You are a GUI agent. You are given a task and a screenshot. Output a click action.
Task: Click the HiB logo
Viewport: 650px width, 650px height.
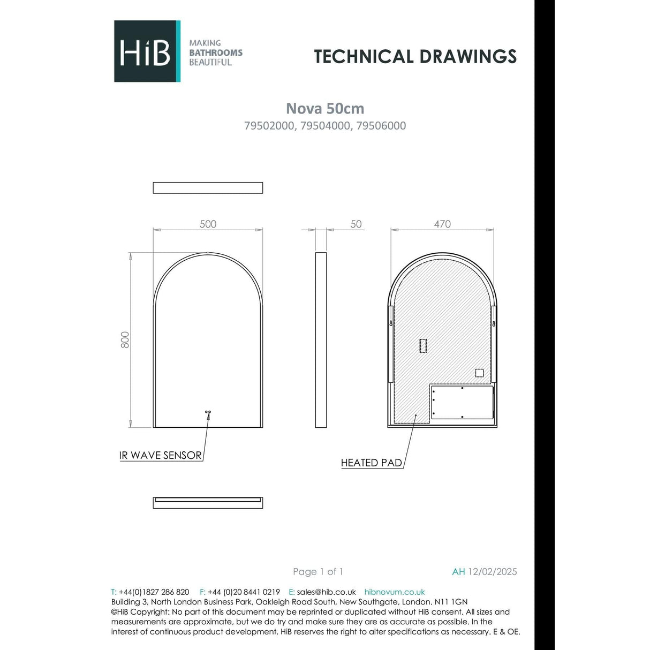[x=147, y=51]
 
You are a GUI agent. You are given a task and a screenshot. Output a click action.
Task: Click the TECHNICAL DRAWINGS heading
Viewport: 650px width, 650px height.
[x=415, y=57]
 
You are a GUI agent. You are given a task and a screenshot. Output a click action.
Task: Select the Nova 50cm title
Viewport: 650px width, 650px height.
[x=325, y=109]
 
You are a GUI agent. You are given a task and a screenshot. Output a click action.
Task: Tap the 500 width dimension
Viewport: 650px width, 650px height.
[x=208, y=224]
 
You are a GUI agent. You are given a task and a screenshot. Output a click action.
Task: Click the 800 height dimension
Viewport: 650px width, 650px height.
[x=125, y=339]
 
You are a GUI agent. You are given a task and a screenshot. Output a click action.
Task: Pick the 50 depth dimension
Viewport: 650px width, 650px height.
[x=356, y=224]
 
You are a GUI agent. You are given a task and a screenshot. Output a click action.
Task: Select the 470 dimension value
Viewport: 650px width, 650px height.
[x=442, y=224]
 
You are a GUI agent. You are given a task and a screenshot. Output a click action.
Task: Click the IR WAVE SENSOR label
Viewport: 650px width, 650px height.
[x=161, y=456]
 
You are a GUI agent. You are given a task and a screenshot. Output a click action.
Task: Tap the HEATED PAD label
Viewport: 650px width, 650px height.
[x=372, y=463]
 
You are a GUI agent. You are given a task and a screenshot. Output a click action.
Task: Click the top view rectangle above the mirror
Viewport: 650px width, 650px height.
[x=208, y=188]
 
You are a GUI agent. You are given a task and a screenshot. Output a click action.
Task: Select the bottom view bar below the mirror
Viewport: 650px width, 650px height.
[x=208, y=503]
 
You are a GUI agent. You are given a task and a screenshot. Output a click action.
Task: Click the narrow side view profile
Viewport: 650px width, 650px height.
[x=321, y=339]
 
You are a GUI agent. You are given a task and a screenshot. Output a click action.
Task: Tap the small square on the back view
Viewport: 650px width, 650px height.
[x=479, y=373]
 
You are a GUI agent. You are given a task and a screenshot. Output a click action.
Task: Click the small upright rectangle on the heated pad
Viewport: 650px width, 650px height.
[x=423, y=345]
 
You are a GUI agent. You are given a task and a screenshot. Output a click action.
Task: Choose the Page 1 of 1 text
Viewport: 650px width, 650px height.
[x=318, y=572]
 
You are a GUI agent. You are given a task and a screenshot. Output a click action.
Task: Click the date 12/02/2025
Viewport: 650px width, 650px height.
[x=493, y=572]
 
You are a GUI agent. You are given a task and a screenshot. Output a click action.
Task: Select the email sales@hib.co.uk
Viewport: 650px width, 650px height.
[x=326, y=592]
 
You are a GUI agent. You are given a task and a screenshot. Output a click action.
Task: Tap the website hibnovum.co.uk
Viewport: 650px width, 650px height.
[x=395, y=592]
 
